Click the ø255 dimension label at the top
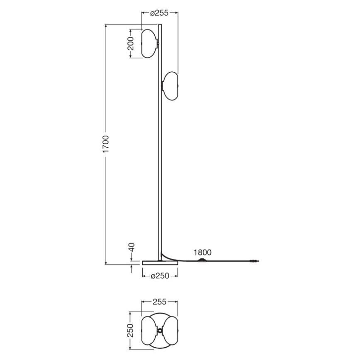coord(159,13)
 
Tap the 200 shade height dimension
coord(131,44)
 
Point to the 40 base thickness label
coord(131,249)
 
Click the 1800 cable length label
coord(202,252)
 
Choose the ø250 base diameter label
coord(160,276)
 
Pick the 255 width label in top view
coord(160,302)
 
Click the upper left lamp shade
coord(150,44)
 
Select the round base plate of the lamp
coord(160,263)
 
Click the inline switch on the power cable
coord(202,260)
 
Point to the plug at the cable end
coord(253,261)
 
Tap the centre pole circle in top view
coord(160,331)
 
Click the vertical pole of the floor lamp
coord(160,166)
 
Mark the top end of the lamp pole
coord(160,26)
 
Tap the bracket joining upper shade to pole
coord(158,43)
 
